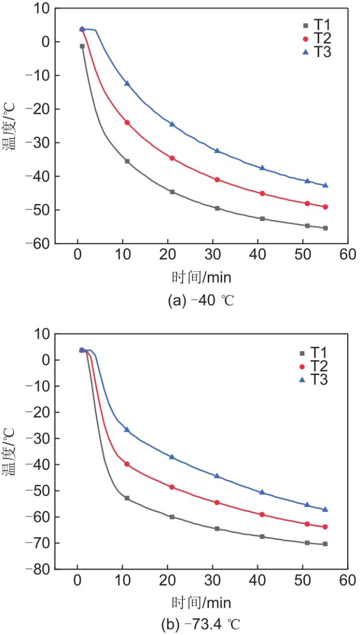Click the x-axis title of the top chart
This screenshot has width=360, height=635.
pyautogui.click(x=201, y=277)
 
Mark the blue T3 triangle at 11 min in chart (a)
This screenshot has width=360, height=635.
pyautogui.click(x=127, y=83)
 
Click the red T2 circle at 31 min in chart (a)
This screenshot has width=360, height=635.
pyautogui.click(x=217, y=180)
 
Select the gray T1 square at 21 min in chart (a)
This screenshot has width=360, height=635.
pyautogui.click(x=172, y=192)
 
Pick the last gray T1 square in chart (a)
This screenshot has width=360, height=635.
pyautogui.click(x=326, y=228)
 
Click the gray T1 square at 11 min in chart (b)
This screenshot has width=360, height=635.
pyautogui.click(x=127, y=498)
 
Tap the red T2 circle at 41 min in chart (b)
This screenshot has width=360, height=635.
pyautogui.click(x=262, y=515)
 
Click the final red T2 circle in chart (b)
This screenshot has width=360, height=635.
pyautogui.click(x=326, y=527)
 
